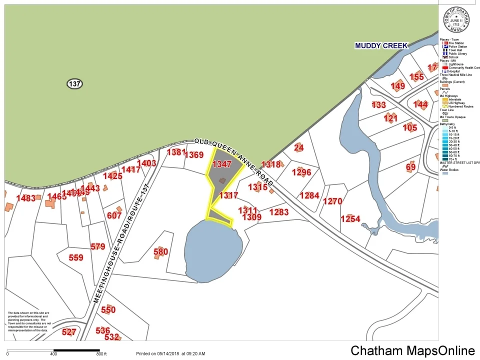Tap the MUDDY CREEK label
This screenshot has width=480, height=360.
click(381, 45)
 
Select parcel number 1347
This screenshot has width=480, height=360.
click(222, 164)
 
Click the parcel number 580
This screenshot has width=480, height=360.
click(160, 251)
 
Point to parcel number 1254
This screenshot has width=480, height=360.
click(350, 219)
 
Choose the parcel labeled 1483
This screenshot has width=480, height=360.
click(26, 198)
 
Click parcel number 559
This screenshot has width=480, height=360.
click(76, 257)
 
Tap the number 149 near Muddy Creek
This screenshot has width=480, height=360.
click(398, 86)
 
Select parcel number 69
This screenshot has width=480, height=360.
click(410, 166)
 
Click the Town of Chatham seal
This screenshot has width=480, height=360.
click(456, 20)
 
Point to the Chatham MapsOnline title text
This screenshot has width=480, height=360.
click(412, 350)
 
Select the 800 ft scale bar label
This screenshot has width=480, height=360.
click(101, 354)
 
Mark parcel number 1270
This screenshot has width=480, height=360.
click(332, 201)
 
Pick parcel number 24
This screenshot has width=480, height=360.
click(299, 147)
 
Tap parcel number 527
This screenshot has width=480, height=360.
click(69, 332)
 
